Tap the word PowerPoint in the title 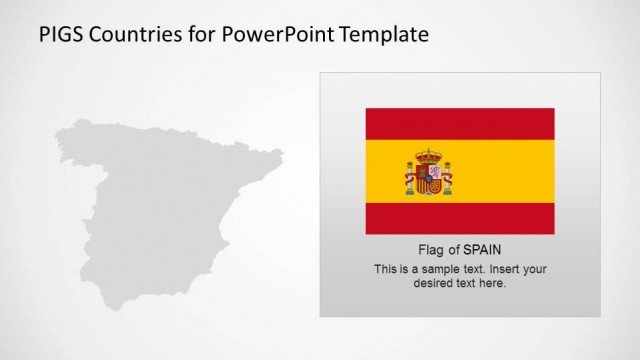pos(265,35)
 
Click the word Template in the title pos(383,35)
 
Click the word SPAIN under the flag pos(482,250)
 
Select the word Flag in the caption pos(431,250)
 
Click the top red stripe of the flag pos(460,123)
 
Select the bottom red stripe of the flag pos(460,218)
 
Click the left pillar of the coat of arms pos(410,179)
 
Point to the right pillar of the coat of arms pos(447,179)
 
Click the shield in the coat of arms pos(428,179)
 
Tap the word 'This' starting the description pos(386,269)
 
